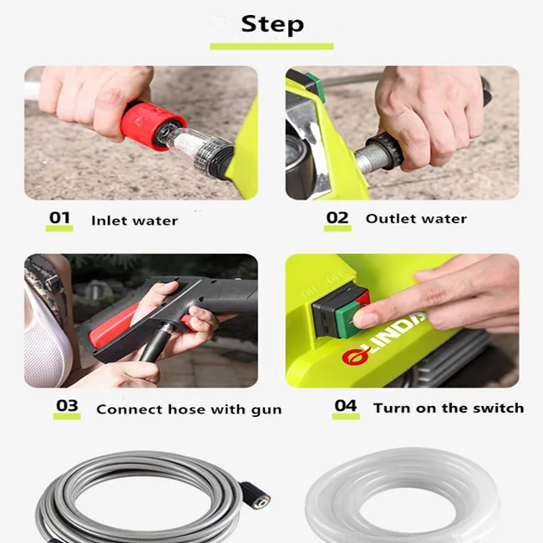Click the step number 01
(x=59, y=218)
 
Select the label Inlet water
(x=134, y=221)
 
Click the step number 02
(x=337, y=218)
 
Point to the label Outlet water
(x=416, y=219)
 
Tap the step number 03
(x=67, y=407)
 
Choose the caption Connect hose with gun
(x=189, y=409)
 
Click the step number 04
(x=345, y=406)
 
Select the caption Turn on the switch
(x=449, y=408)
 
